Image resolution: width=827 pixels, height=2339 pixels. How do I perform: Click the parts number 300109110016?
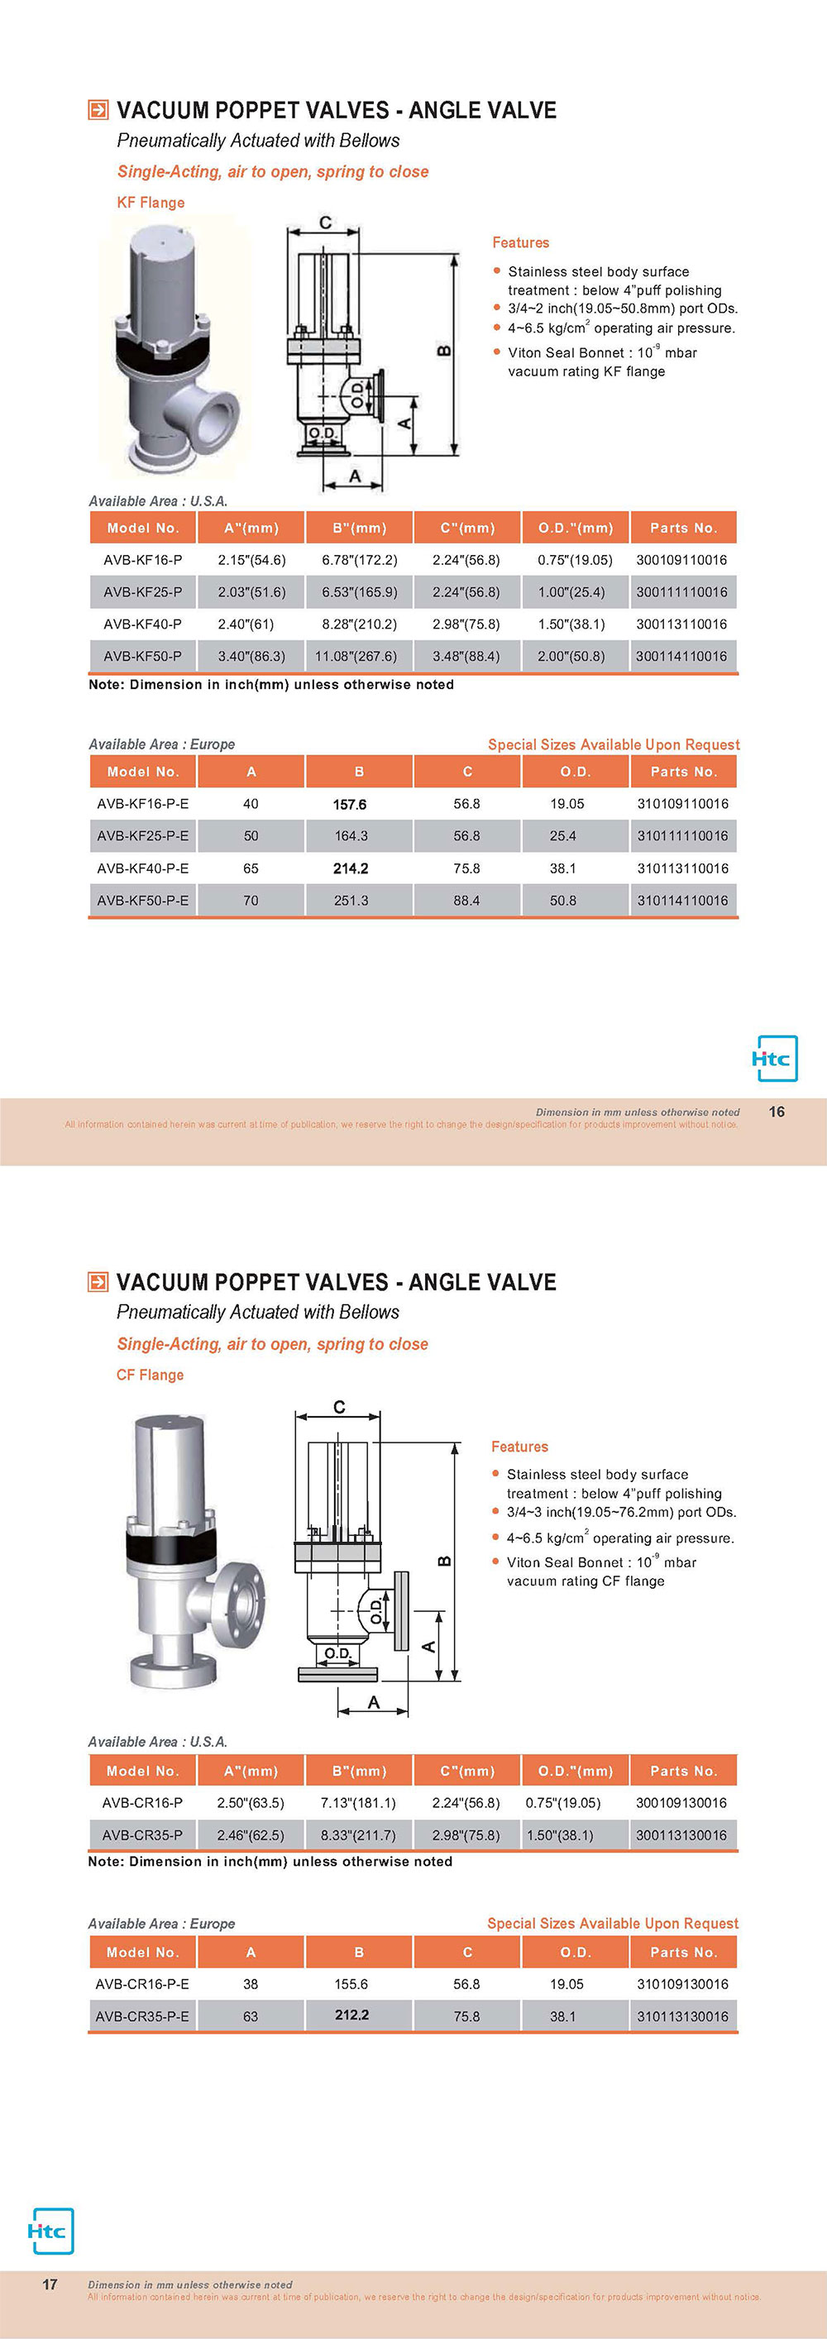click(681, 560)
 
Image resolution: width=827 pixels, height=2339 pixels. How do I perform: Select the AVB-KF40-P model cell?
click(142, 624)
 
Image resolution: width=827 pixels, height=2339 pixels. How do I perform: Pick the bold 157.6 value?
click(350, 805)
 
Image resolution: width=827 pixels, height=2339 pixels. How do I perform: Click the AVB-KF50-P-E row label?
click(142, 901)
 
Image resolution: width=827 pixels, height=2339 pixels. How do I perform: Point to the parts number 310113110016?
click(682, 868)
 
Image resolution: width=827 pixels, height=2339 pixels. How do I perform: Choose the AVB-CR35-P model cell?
click(142, 1835)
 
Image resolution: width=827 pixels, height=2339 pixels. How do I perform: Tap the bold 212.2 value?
click(351, 2015)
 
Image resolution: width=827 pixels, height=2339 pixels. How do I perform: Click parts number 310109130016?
click(682, 1984)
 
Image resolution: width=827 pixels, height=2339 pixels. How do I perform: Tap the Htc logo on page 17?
click(50, 2231)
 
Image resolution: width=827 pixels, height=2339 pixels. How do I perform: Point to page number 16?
click(777, 1112)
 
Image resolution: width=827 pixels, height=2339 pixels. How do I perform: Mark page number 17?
click(50, 2284)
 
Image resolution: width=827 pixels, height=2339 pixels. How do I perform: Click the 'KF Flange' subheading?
click(151, 203)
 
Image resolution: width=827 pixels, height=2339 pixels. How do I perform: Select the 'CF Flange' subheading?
click(150, 1375)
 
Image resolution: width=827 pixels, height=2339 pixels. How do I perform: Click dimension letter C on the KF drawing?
click(325, 222)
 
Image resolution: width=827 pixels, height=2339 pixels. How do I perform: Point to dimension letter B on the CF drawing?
click(445, 1561)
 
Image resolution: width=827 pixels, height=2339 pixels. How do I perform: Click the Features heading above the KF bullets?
click(520, 242)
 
